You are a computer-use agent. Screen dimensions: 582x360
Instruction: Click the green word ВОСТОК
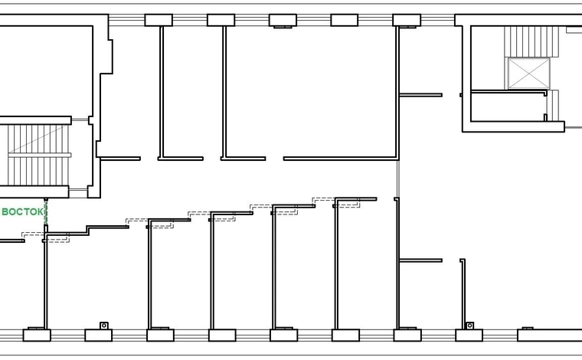point(22,212)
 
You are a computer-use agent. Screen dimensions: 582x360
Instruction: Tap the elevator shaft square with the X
point(528,74)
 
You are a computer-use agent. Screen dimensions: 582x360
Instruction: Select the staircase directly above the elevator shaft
point(531,41)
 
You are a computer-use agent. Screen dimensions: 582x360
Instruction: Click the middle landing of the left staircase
point(39,155)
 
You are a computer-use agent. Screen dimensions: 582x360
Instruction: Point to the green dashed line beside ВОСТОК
point(46,211)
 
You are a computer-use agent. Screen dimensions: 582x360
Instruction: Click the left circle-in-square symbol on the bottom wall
point(104,326)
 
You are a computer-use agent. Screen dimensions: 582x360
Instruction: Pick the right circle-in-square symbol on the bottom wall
point(469,326)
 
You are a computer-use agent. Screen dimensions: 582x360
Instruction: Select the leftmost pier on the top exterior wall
point(159,20)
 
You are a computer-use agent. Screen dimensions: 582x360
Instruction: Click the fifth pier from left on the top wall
point(407,20)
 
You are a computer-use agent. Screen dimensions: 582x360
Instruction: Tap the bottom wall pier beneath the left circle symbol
point(98,335)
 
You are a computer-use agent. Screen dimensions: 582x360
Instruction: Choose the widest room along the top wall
point(311,92)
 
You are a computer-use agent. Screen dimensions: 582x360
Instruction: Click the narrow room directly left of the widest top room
point(193,92)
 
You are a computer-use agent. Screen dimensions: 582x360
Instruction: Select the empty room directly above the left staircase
point(46,71)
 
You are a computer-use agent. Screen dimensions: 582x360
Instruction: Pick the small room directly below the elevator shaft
point(508,107)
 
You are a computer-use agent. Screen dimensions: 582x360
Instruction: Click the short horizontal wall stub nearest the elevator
point(420,95)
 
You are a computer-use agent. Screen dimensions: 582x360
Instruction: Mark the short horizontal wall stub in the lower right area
point(420,260)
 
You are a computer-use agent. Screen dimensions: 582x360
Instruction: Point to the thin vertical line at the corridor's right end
point(398,178)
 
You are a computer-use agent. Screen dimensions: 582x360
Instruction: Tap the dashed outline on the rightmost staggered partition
point(336,203)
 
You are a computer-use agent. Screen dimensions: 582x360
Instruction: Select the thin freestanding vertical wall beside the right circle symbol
point(463,293)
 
